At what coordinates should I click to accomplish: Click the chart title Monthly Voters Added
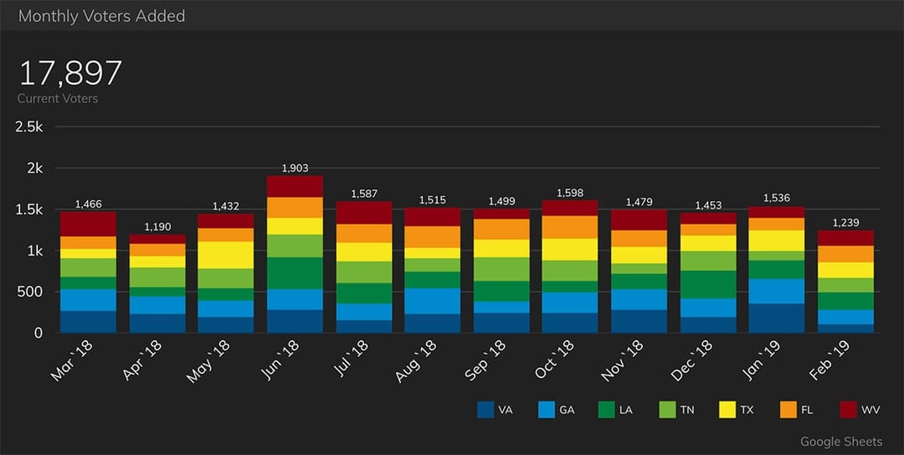(x=101, y=16)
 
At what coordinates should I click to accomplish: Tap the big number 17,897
(x=70, y=74)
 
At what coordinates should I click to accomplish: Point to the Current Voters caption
(x=58, y=99)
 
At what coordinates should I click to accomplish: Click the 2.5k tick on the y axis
(x=28, y=127)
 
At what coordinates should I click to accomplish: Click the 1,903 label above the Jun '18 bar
(x=295, y=168)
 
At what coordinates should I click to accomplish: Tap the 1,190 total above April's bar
(x=157, y=227)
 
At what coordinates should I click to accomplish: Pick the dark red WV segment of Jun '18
(x=295, y=186)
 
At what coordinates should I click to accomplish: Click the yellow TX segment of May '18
(x=226, y=255)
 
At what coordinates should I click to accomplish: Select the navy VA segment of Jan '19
(x=777, y=318)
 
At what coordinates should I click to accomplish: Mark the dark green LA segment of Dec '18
(x=707, y=284)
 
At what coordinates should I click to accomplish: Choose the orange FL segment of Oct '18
(x=570, y=227)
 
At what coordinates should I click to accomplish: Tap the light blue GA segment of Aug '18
(x=433, y=301)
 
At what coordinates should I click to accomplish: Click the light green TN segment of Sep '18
(x=501, y=269)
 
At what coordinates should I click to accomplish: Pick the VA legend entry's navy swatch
(x=485, y=410)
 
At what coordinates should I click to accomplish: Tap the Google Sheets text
(x=840, y=442)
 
